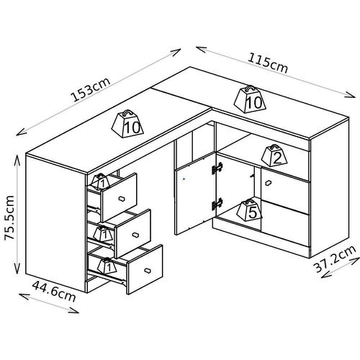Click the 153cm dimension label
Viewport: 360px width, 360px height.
pyautogui.click(x=90, y=89)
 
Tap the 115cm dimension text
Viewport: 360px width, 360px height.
pyautogui.click(x=268, y=63)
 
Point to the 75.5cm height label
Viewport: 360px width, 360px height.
pyautogui.click(x=9, y=217)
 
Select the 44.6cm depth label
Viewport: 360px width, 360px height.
pyautogui.click(x=54, y=292)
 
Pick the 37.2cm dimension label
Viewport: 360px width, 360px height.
pyautogui.click(x=335, y=258)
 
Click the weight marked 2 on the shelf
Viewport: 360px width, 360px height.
pyautogui.click(x=274, y=156)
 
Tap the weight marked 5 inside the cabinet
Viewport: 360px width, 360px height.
pyautogui.click(x=249, y=210)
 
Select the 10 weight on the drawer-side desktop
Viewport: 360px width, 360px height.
pyautogui.click(x=127, y=124)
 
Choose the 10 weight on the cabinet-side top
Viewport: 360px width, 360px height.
pyautogui.click(x=250, y=99)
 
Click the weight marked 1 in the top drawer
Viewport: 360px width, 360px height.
pyautogui.click(x=101, y=181)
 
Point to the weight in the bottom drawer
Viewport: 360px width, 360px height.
pyautogui.click(x=107, y=266)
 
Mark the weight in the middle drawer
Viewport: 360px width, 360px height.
pyautogui.click(x=103, y=233)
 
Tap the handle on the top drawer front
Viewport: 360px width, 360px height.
pyautogui.click(x=122, y=199)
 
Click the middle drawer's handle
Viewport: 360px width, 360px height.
pyautogui.click(x=135, y=235)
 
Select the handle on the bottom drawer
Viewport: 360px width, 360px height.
pyautogui.click(x=148, y=270)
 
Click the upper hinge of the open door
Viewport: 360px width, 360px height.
pyautogui.click(x=217, y=168)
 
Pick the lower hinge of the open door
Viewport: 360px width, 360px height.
pyautogui.click(x=217, y=204)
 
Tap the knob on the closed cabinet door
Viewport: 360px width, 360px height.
pyautogui.click(x=269, y=183)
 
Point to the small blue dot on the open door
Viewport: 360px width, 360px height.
pyautogui.click(x=184, y=179)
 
